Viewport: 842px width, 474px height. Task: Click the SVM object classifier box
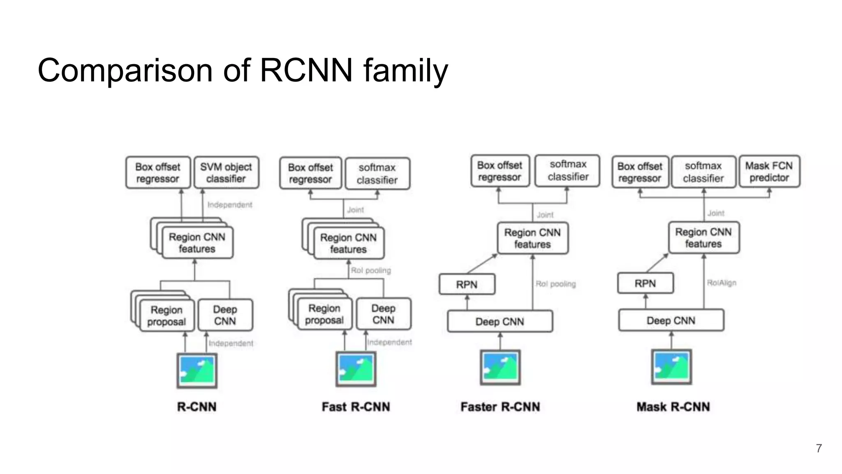(226, 172)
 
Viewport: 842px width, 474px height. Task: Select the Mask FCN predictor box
(769, 172)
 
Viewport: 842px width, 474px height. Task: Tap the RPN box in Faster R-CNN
(467, 284)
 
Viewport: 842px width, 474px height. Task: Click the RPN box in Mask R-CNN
(645, 283)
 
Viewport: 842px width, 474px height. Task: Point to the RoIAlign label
(722, 283)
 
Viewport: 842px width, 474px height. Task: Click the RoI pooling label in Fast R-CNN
(370, 270)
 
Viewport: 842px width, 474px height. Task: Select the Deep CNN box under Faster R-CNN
(500, 321)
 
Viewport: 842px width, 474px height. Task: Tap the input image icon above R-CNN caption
(197, 370)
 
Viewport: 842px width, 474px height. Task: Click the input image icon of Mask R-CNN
(671, 367)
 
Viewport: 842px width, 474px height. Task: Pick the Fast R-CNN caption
(356, 407)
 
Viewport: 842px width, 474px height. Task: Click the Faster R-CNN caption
(500, 407)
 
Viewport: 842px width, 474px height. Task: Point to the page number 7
(819, 448)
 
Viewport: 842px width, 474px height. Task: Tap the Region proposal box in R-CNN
(166, 316)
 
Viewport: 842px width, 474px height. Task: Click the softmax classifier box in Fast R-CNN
(377, 174)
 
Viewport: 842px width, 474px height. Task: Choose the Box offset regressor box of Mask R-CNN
(640, 172)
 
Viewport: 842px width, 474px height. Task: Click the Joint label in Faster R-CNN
(545, 215)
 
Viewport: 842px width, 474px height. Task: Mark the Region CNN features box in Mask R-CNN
(703, 238)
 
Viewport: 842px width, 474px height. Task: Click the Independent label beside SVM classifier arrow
(229, 204)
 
